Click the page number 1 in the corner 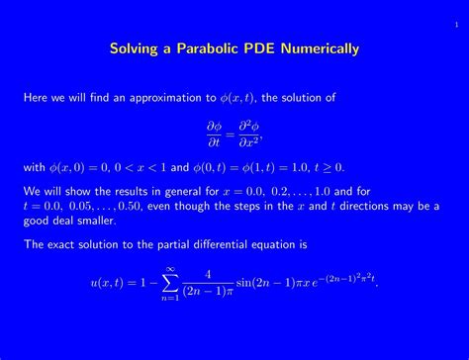pyautogui.click(x=456, y=10)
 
